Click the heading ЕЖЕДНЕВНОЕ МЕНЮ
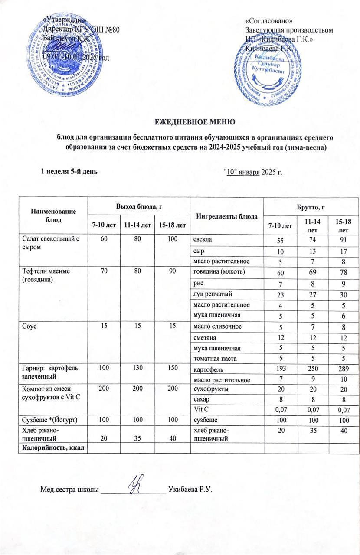pyautogui.click(x=195, y=121)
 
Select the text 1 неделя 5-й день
pyautogui.click(x=69, y=171)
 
